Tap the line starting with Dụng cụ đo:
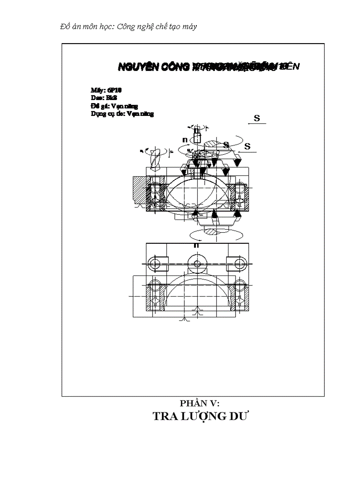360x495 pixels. click(x=122, y=114)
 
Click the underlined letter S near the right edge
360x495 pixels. click(x=257, y=118)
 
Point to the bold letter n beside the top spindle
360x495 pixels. click(x=185, y=140)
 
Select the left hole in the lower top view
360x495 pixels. click(x=154, y=264)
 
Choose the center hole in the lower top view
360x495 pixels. click(x=197, y=264)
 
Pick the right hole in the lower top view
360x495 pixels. click(x=240, y=264)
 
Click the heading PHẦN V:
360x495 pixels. click(x=199, y=403)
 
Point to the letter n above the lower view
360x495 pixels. click(x=196, y=245)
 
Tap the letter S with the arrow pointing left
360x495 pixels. click(x=247, y=146)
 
